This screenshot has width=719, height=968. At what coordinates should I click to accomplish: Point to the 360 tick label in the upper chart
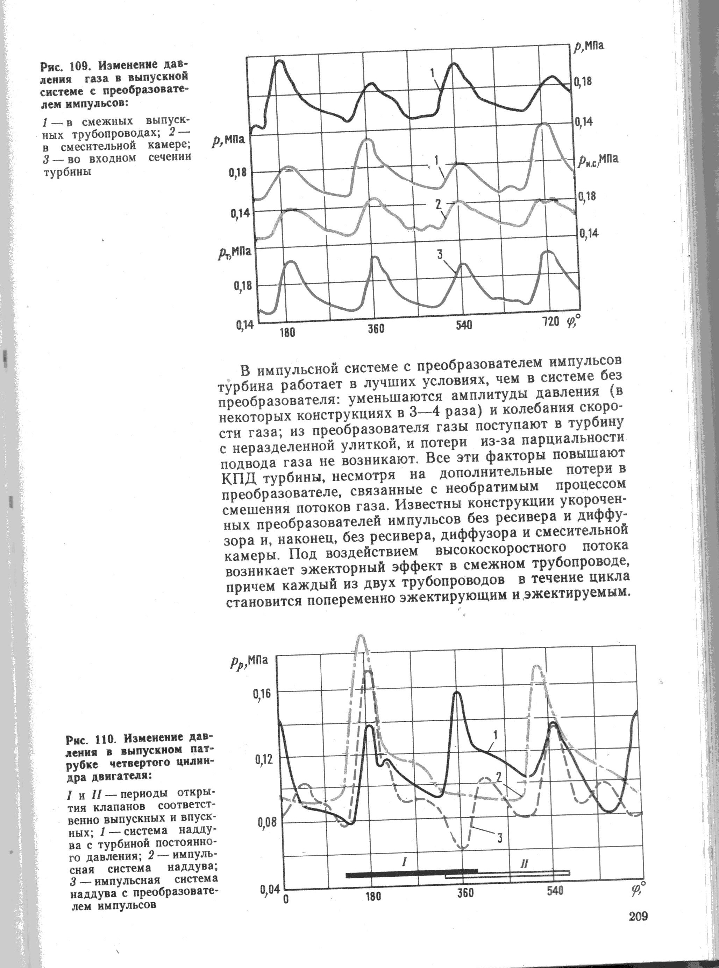point(375,329)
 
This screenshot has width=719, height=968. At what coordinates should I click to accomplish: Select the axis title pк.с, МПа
point(598,160)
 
